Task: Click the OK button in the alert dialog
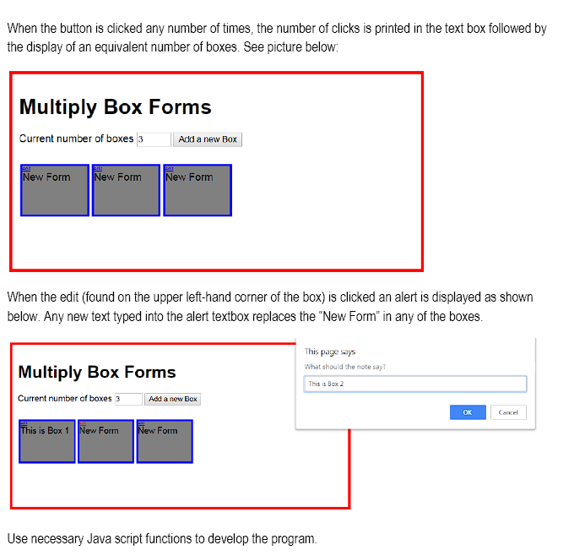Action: pos(468,412)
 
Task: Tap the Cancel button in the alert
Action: pos(508,412)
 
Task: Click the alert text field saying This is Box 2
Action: pos(414,384)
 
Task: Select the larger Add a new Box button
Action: pos(208,139)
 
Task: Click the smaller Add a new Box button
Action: pos(172,399)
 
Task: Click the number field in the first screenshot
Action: pos(154,139)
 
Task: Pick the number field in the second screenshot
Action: pos(128,399)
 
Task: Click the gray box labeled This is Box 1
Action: pos(47,444)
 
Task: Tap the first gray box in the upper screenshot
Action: pos(55,193)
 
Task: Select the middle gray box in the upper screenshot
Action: pos(126,193)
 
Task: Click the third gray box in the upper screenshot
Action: pos(197,193)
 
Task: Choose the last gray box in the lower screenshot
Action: pos(165,444)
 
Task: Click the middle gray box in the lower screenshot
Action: pos(106,444)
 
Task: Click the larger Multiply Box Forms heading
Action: pos(115,107)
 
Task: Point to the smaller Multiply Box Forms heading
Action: pos(97,372)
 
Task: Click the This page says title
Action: pos(330,352)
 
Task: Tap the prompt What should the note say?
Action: pos(345,367)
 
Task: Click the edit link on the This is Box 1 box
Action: pos(24,422)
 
